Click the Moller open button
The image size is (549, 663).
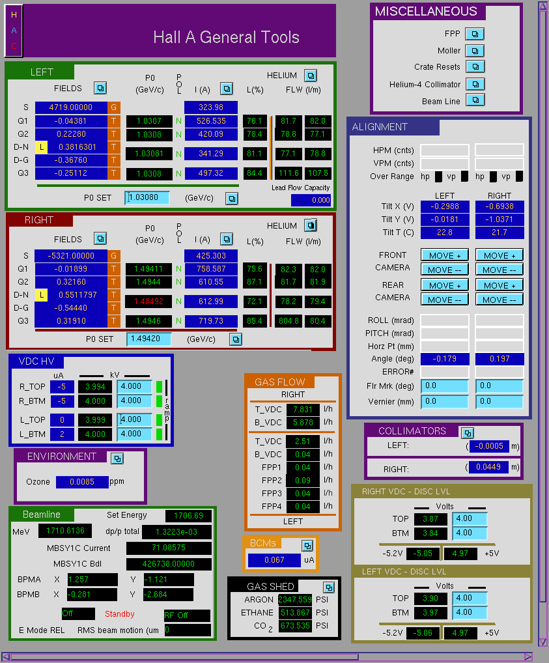tap(475, 51)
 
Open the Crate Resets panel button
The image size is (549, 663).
tap(475, 67)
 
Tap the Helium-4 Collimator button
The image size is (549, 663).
tap(475, 84)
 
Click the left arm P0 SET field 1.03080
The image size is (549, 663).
tap(147, 198)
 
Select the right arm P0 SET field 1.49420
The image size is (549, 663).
tap(149, 339)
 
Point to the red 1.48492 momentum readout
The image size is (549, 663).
tap(148, 302)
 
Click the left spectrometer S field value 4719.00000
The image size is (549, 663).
tap(71, 107)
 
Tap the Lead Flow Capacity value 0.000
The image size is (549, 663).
tap(311, 200)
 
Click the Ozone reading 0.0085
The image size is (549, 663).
tap(82, 482)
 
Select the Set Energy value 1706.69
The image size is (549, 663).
tap(188, 516)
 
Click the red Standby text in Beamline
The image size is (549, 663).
tap(120, 614)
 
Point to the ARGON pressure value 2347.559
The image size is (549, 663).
tap(295, 600)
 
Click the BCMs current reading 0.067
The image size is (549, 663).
tap(274, 560)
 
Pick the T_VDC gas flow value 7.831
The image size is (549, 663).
tap(302, 409)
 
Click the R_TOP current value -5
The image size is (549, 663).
tap(62, 386)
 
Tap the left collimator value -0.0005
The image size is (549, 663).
tap(489, 446)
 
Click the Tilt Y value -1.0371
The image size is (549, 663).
tap(500, 219)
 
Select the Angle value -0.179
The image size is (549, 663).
tap(445, 359)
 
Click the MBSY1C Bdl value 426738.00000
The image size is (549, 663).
tap(169, 563)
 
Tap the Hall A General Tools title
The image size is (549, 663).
tap(226, 37)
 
